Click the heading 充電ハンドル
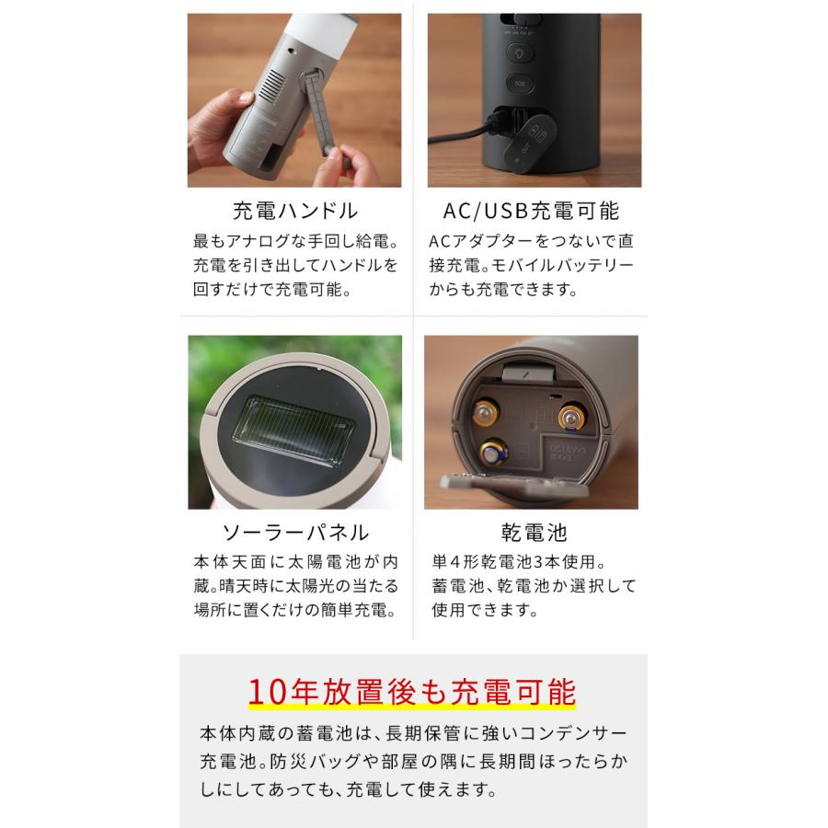pyautogui.click(x=294, y=211)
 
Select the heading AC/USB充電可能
pyautogui.click(x=531, y=211)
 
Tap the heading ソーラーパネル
pyautogui.click(x=294, y=532)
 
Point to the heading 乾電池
pyautogui.click(x=531, y=532)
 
